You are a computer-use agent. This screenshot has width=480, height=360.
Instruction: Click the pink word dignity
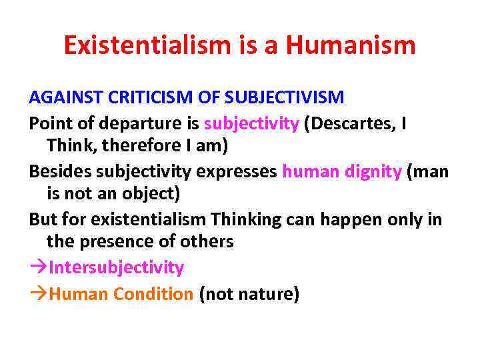pos(373,171)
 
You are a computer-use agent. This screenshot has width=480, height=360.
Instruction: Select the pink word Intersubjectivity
pos(117,267)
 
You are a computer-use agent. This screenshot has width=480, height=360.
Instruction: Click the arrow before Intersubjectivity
pos(38,268)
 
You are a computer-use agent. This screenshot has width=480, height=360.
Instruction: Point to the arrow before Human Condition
pos(38,294)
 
